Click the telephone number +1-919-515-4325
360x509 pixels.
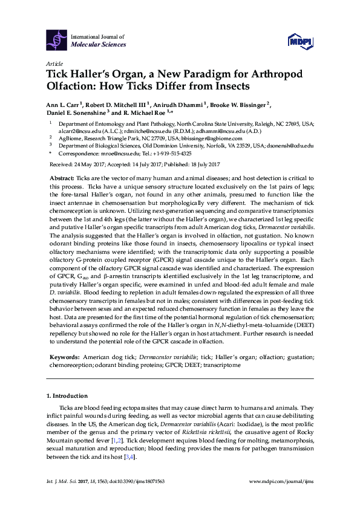coord(174,154)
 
